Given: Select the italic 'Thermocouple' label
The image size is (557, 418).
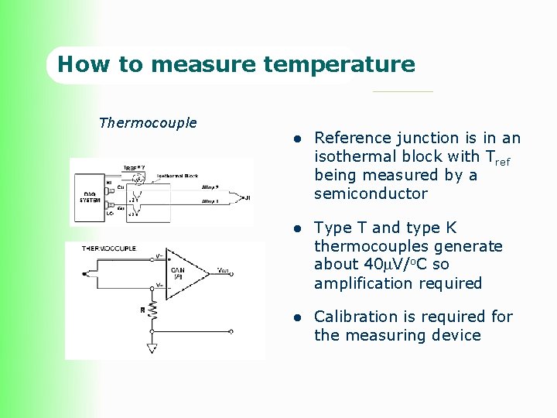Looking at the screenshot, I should point(148,122).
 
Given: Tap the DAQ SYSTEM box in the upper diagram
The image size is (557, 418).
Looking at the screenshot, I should point(90,197).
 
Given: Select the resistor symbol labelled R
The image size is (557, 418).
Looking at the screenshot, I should point(153,309).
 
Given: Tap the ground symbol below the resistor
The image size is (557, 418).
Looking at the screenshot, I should point(152,348).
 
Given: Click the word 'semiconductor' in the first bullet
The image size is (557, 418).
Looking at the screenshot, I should point(371,194).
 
